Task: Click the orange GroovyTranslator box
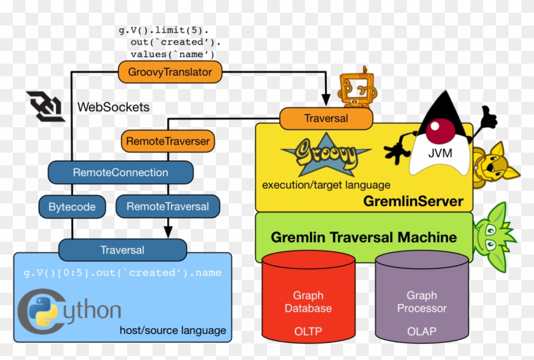pos(170,72)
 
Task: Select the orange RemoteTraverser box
pos(167,141)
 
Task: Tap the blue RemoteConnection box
pos(120,172)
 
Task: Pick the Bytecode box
pos(72,207)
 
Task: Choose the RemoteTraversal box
pos(167,207)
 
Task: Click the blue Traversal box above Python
pos(122,250)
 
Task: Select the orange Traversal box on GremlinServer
pos(325,118)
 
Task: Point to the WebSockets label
pos(113,107)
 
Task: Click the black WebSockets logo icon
pos(45,105)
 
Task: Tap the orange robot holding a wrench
pos(353,87)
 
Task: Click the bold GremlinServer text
pos(413,202)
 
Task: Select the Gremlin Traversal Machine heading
pos(364,237)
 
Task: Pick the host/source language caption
pos(172,330)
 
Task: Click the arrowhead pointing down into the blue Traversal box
pos(168,232)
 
